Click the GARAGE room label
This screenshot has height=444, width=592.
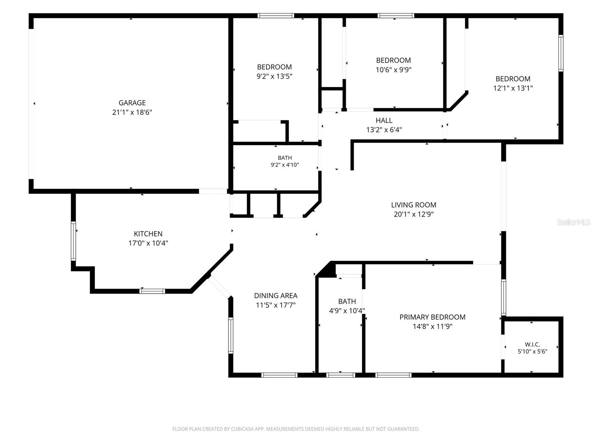pos(132,103)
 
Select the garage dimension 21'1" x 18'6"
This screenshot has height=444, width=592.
pos(132,112)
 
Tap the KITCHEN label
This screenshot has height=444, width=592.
pos(148,234)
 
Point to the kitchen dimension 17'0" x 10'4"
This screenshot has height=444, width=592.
pos(148,243)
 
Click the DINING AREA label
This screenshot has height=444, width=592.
pos(276,296)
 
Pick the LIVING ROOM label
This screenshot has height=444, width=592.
pos(414,205)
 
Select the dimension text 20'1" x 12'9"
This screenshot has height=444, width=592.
pos(414,214)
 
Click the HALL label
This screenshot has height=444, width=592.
pos(384,120)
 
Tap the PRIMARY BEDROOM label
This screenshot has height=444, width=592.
pos(433,317)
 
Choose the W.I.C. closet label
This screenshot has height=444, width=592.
pos(532,344)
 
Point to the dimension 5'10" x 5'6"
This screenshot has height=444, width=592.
pos(532,351)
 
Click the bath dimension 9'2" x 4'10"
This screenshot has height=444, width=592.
pos(285,165)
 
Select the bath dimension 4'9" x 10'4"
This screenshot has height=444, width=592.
pos(347,311)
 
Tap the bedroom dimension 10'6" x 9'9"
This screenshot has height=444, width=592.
pos(394,70)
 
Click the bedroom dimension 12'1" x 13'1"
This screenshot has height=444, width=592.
pos(513,88)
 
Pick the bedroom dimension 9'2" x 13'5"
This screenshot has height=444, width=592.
pos(274,76)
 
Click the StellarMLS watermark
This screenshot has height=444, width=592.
pos(573,222)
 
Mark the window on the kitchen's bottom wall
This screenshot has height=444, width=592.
pos(152,291)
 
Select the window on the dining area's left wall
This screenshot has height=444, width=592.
pos(231,336)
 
